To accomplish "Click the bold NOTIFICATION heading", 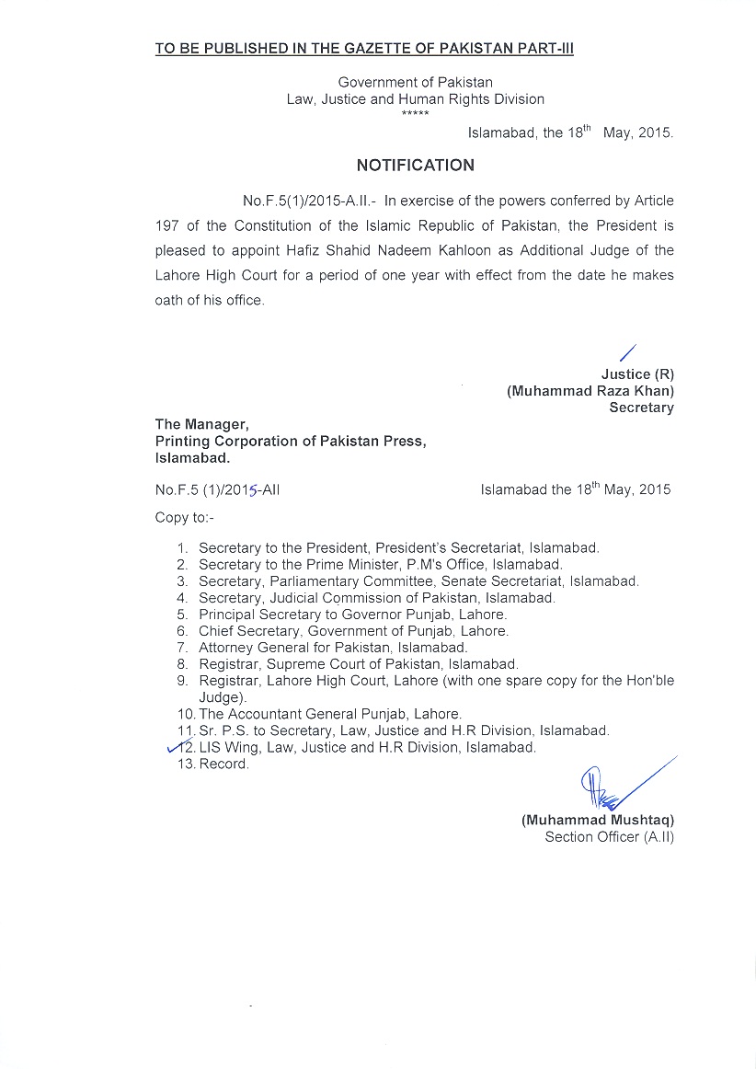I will (x=416, y=166).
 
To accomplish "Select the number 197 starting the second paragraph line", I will (x=166, y=225).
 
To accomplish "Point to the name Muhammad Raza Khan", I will (x=590, y=391).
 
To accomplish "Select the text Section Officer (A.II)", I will (x=609, y=837).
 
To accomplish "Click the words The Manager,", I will (x=201, y=424).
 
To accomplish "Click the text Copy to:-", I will (x=184, y=517).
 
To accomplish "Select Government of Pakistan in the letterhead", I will (x=415, y=82).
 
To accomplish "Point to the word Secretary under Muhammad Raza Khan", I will (x=641, y=408).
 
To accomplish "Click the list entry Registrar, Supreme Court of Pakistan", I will (x=358, y=664).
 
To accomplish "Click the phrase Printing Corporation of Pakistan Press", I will (x=290, y=441).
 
